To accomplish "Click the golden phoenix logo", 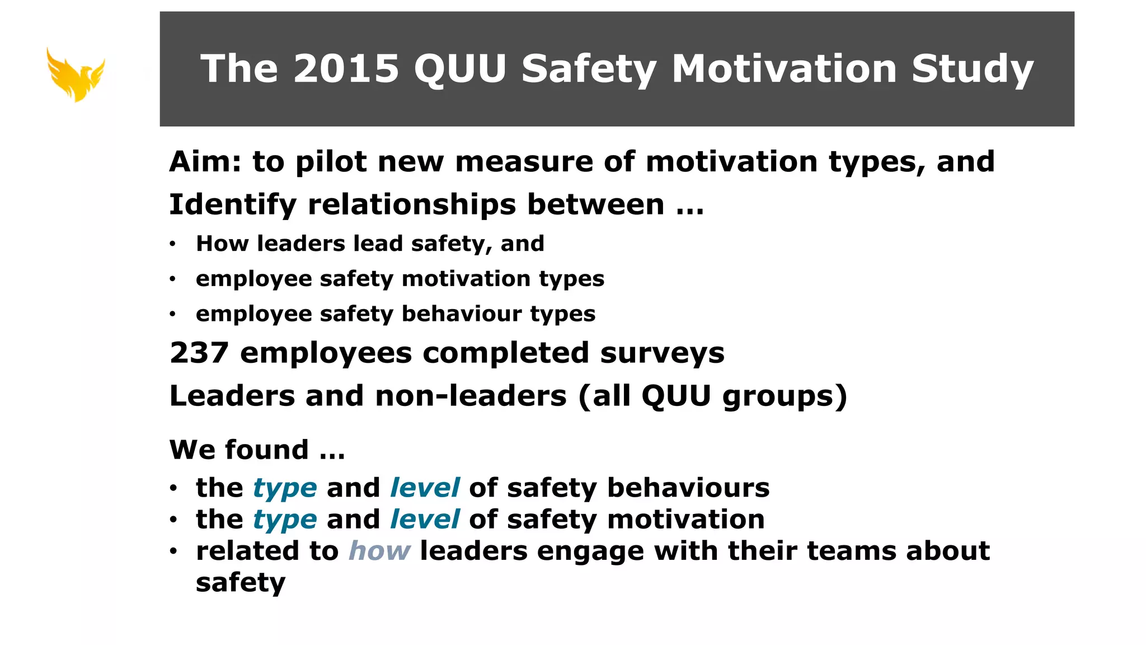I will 76,74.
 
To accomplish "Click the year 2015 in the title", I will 346,69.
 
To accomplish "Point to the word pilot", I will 331,162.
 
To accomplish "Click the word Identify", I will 233,205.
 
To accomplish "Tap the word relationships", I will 412,205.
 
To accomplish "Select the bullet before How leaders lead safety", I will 173,244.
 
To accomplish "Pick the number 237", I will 199,353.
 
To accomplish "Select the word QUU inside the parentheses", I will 676,396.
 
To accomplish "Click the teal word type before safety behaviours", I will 285,488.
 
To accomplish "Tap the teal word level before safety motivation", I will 425,519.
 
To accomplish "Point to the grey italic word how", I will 379,551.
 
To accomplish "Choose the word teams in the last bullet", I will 812,551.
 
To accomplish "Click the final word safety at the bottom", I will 241,583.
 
